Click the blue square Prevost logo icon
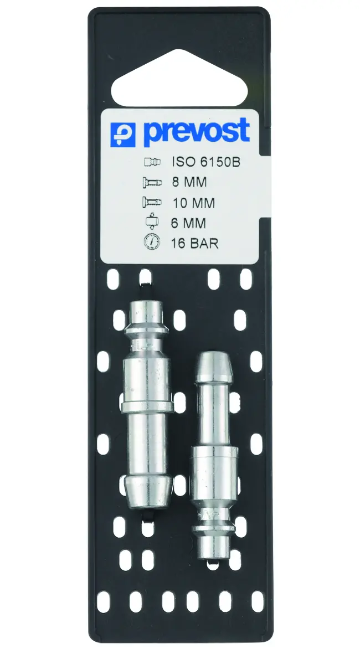pyautogui.click(x=123, y=134)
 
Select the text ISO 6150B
pyautogui.click(x=205, y=162)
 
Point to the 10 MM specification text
pyautogui.click(x=194, y=203)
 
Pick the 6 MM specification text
pyautogui.click(x=188, y=223)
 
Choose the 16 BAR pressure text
pyautogui.click(x=194, y=243)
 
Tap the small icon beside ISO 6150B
pyautogui.click(x=152, y=162)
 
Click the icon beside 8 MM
pyautogui.click(x=151, y=182)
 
